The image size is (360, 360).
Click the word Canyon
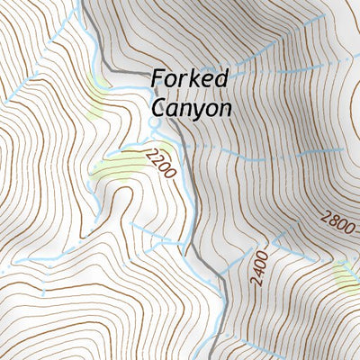(191, 107)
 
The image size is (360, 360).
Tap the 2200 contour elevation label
(158, 163)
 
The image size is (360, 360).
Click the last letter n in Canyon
(226, 108)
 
